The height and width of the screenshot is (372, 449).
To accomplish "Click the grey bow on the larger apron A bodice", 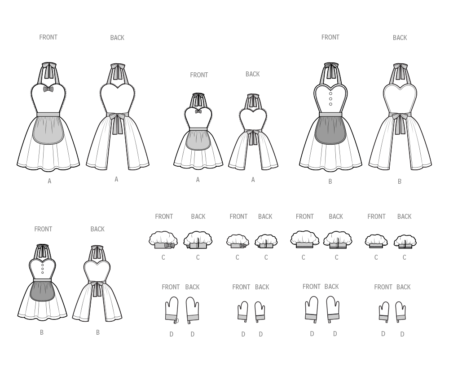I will point(48,89).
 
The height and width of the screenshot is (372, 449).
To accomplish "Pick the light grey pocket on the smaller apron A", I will point(198,140).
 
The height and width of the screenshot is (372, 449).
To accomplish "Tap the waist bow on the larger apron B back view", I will point(400,117).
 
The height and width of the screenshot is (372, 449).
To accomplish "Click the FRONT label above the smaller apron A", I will point(199,75).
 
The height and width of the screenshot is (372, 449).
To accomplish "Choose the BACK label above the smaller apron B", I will point(97,229).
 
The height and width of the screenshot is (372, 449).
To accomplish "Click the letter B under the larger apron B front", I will point(330,182).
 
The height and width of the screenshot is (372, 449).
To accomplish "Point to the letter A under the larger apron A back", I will point(116,179).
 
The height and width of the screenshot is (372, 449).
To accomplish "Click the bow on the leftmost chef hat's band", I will point(170,245).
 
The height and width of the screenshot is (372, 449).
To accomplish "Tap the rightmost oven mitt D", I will point(401,311).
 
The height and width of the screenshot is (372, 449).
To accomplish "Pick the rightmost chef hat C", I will point(405,241).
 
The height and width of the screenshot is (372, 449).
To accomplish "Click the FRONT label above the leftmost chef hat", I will point(164,217).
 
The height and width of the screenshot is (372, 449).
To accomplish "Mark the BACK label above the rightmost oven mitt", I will point(404,287).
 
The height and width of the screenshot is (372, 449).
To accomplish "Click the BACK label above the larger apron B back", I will point(400,38).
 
